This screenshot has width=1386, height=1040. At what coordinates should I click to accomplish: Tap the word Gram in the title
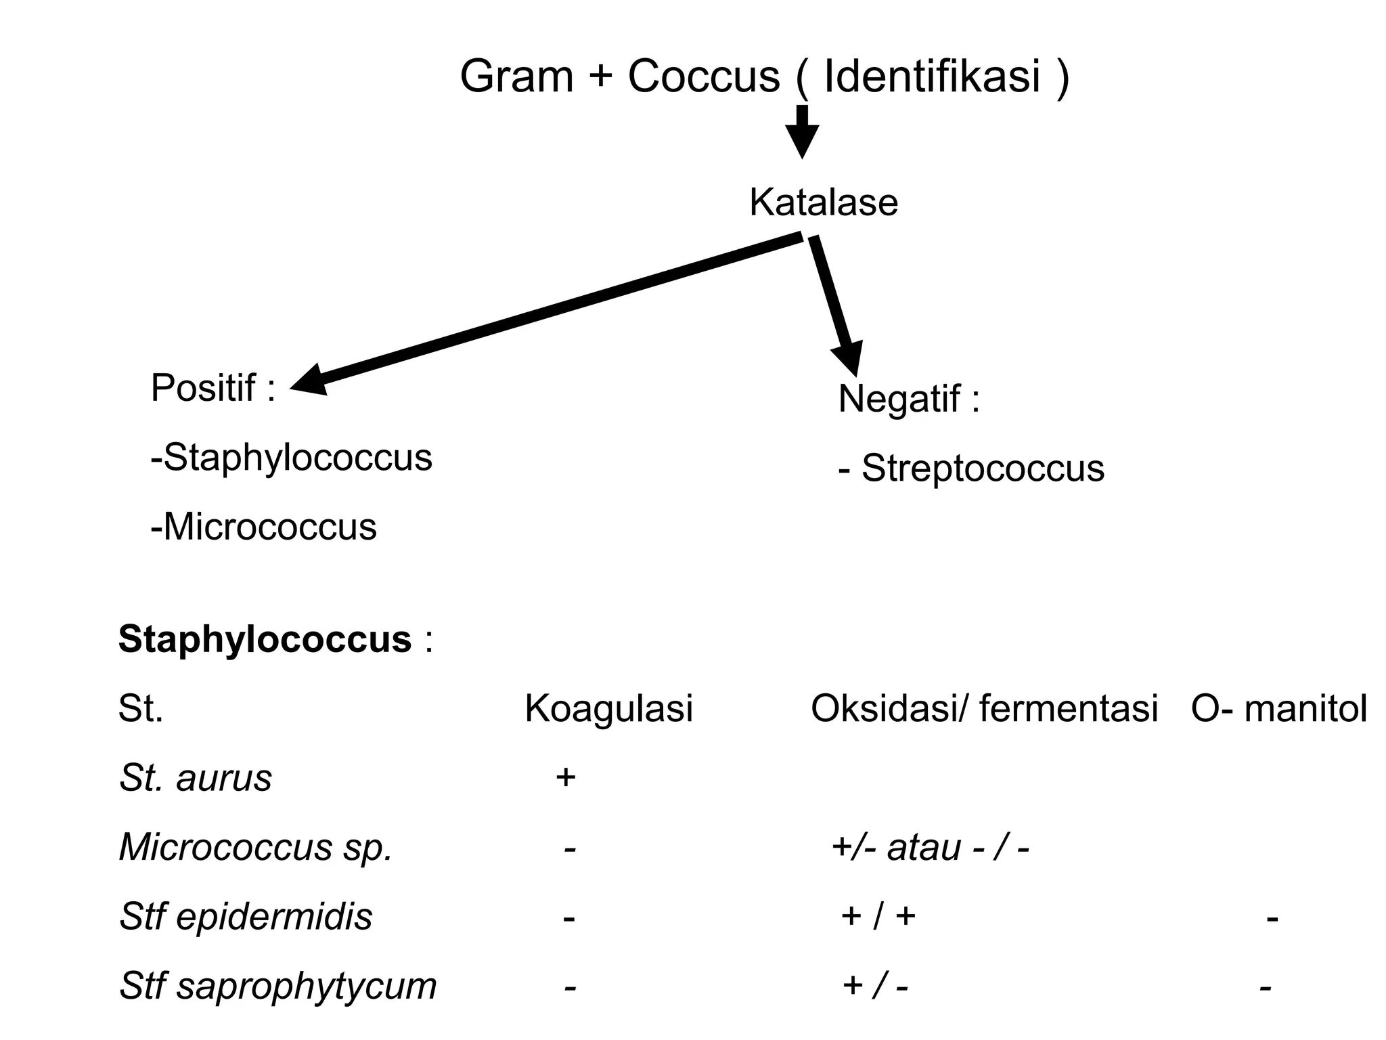coord(516,76)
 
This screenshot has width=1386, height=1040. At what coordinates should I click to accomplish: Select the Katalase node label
coord(824,202)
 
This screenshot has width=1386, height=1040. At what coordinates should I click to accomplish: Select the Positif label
coord(213,388)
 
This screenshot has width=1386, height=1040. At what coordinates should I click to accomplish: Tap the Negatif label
coord(908,398)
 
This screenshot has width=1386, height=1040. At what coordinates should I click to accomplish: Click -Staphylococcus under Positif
coord(291,458)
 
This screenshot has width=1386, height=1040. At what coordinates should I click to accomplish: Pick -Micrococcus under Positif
coord(263,527)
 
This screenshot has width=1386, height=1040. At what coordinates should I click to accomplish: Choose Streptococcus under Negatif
coord(983,469)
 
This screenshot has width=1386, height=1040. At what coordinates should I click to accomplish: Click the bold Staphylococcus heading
coord(265,638)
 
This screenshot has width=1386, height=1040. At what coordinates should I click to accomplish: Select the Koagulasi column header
coord(608,708)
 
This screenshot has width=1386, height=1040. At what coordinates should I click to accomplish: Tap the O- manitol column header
coord(1279,708)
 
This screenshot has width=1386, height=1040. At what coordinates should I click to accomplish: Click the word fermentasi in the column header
coord(1069,708)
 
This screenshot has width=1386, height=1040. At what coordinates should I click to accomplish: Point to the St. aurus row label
coord(195,778)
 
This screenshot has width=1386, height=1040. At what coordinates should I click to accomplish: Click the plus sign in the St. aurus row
coord(565,777)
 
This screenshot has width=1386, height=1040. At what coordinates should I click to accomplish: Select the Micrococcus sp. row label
coord(255,847)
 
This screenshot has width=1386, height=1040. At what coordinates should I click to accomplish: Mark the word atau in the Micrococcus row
coord(924,847)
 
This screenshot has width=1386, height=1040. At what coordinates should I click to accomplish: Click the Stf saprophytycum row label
coord(277,986)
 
